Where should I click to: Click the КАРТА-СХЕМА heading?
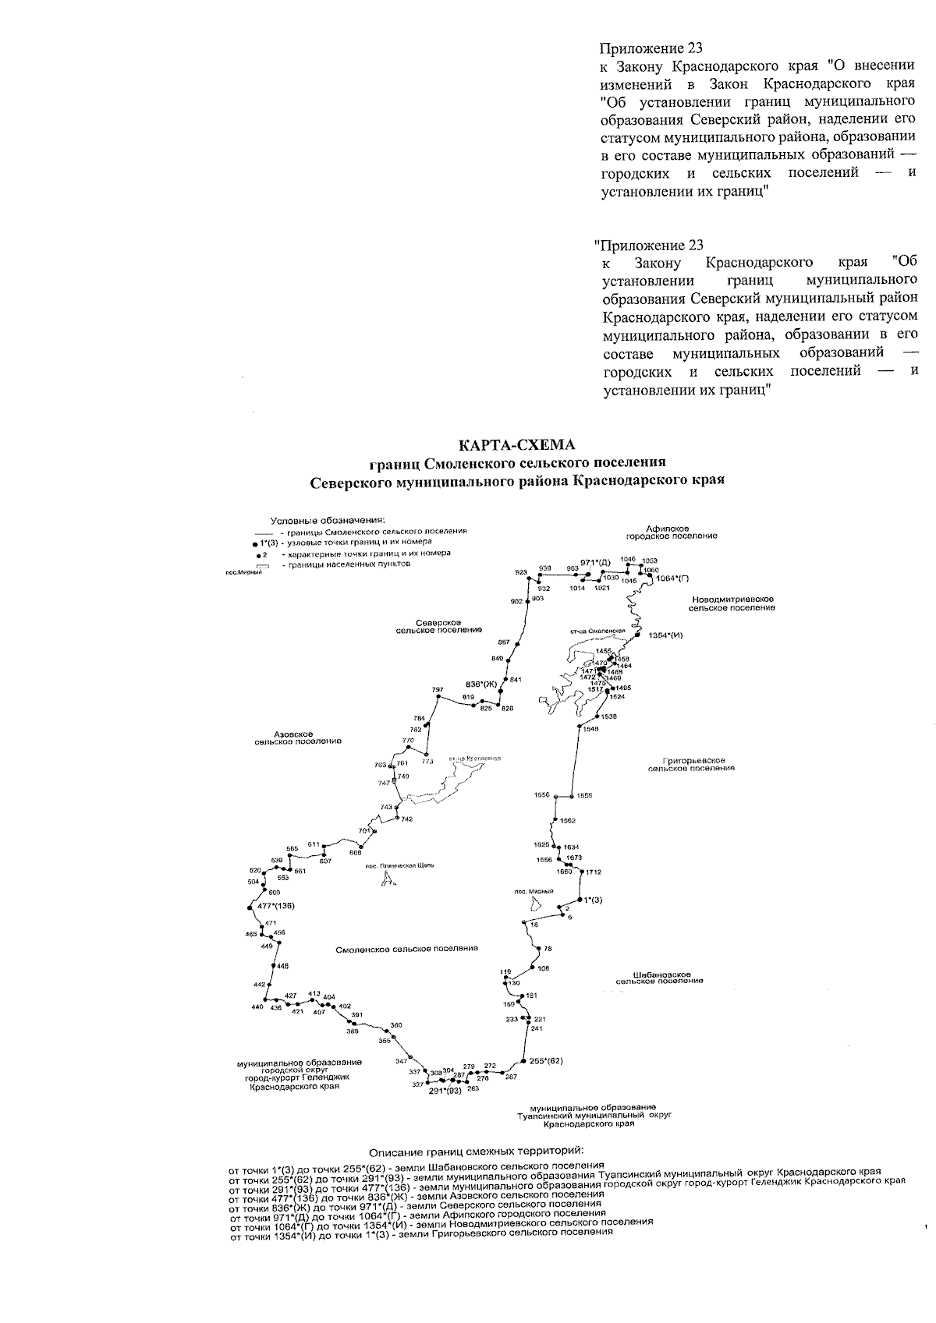(516, 445)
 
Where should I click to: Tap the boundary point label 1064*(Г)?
(673, 578)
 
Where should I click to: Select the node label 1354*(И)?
(666, 636)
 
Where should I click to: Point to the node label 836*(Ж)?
(482, 684)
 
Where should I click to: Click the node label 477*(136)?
(276, 906)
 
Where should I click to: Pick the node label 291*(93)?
(445, 1091)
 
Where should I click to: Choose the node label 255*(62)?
(546, 1061)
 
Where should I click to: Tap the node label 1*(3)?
(594, 900)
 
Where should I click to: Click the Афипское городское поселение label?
(672, 532)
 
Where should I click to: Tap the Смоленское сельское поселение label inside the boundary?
(406, 949)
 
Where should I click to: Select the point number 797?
(437, 690)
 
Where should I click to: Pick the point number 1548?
(591, 729)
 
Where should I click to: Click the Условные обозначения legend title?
(328, 520)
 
